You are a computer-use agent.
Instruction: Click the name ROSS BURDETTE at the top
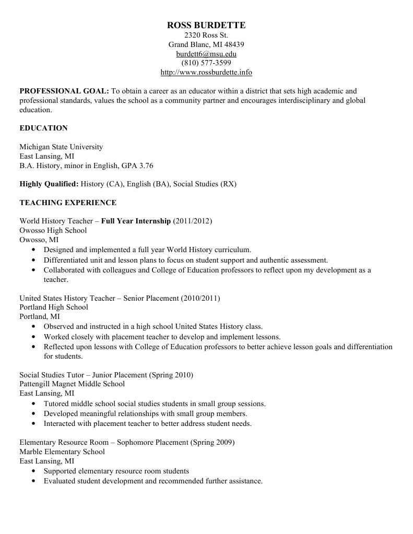pyautogui.click(x=206, y=25)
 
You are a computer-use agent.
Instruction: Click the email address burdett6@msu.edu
pyautogui.click(x=206, y=54)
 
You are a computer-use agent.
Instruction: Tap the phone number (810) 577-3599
pyautogui.click(x=206, y=63)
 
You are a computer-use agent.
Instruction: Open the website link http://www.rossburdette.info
pyautogui.click(x=206, y=73)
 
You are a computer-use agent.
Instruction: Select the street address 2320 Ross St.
pyautogui.click(x=206, y=35)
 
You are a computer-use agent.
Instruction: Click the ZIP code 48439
pyautogui.click(x=234, y=44)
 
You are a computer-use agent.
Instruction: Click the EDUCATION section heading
pyautogui.click(x=43, y=128)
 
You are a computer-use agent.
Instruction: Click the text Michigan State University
pyautogui.click(x=61, y=147)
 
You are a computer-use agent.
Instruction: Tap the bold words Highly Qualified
pyautogui.click(x=49, y=184)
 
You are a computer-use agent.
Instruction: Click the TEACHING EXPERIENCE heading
pyautogui.click(x=68, y=203)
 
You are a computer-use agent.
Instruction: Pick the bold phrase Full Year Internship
pyautogui.click(x=136, y=221)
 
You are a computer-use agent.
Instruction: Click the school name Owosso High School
pyautogui.click(x=53, y=230)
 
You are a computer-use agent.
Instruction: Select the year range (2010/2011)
pyautogui.click(x=200, y=298)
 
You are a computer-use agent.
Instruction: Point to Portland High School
pyautogui.click(x=54, y=307)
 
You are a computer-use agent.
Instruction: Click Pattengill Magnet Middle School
pyautogui.click(x=72, y=384)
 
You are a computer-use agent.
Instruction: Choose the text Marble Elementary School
pyautogui.click(x=62, y=452)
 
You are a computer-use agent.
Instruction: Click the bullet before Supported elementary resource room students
pyautogui.click(x=34, y=471)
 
